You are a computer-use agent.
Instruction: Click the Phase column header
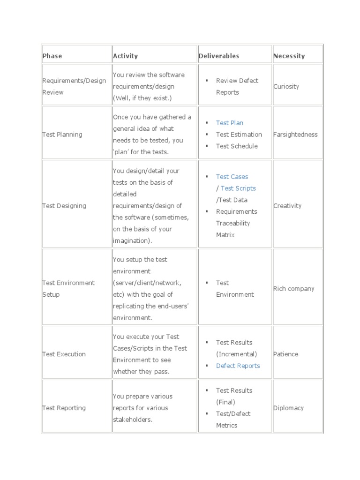[x=52, y=56]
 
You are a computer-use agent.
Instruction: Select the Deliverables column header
[x=218, y=56]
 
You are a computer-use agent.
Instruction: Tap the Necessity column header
[x=289, y=56]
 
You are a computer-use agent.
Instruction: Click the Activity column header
[x=125, y=56]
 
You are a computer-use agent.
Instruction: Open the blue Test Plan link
[x=230, y=123]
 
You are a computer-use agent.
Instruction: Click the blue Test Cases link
[x=232, y=177]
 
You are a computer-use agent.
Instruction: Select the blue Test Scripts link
[x=238, y=188]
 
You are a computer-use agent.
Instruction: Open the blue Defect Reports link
[x=238, y=366]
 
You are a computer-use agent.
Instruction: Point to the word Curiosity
[x=286, y=86]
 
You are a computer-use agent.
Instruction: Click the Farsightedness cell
[x=295, y=135]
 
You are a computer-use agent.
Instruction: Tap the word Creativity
[x=287, y=206]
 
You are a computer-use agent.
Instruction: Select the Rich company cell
[x=293, y=289]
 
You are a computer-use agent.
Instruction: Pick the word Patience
[x=285, y=354]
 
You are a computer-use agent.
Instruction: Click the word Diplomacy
[x=288, y=408]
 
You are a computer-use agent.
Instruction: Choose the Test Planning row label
[x=62, y=135]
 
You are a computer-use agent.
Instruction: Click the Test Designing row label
[x=64, y=206]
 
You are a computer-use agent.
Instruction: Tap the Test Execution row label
[x=64, y=354]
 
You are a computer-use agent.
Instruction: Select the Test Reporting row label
[x=64, y=408]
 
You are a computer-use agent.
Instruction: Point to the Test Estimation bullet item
[x=239, y=135]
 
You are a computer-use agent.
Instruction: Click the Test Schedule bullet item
[x=237, y=146]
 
